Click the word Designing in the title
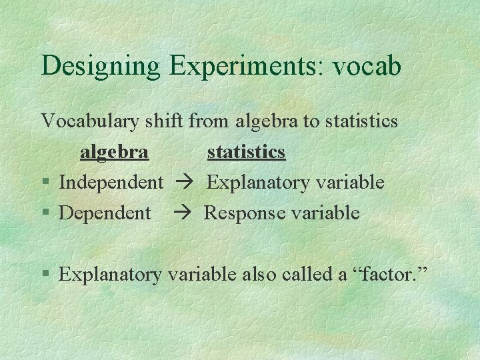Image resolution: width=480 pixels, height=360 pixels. tap(100, 67)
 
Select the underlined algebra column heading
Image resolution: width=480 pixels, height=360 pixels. tap(114, 153)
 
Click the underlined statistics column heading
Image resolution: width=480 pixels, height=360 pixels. tap(246, 153)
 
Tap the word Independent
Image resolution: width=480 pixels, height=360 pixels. tap(111, 183)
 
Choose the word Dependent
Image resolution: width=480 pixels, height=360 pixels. tap(105, 213)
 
